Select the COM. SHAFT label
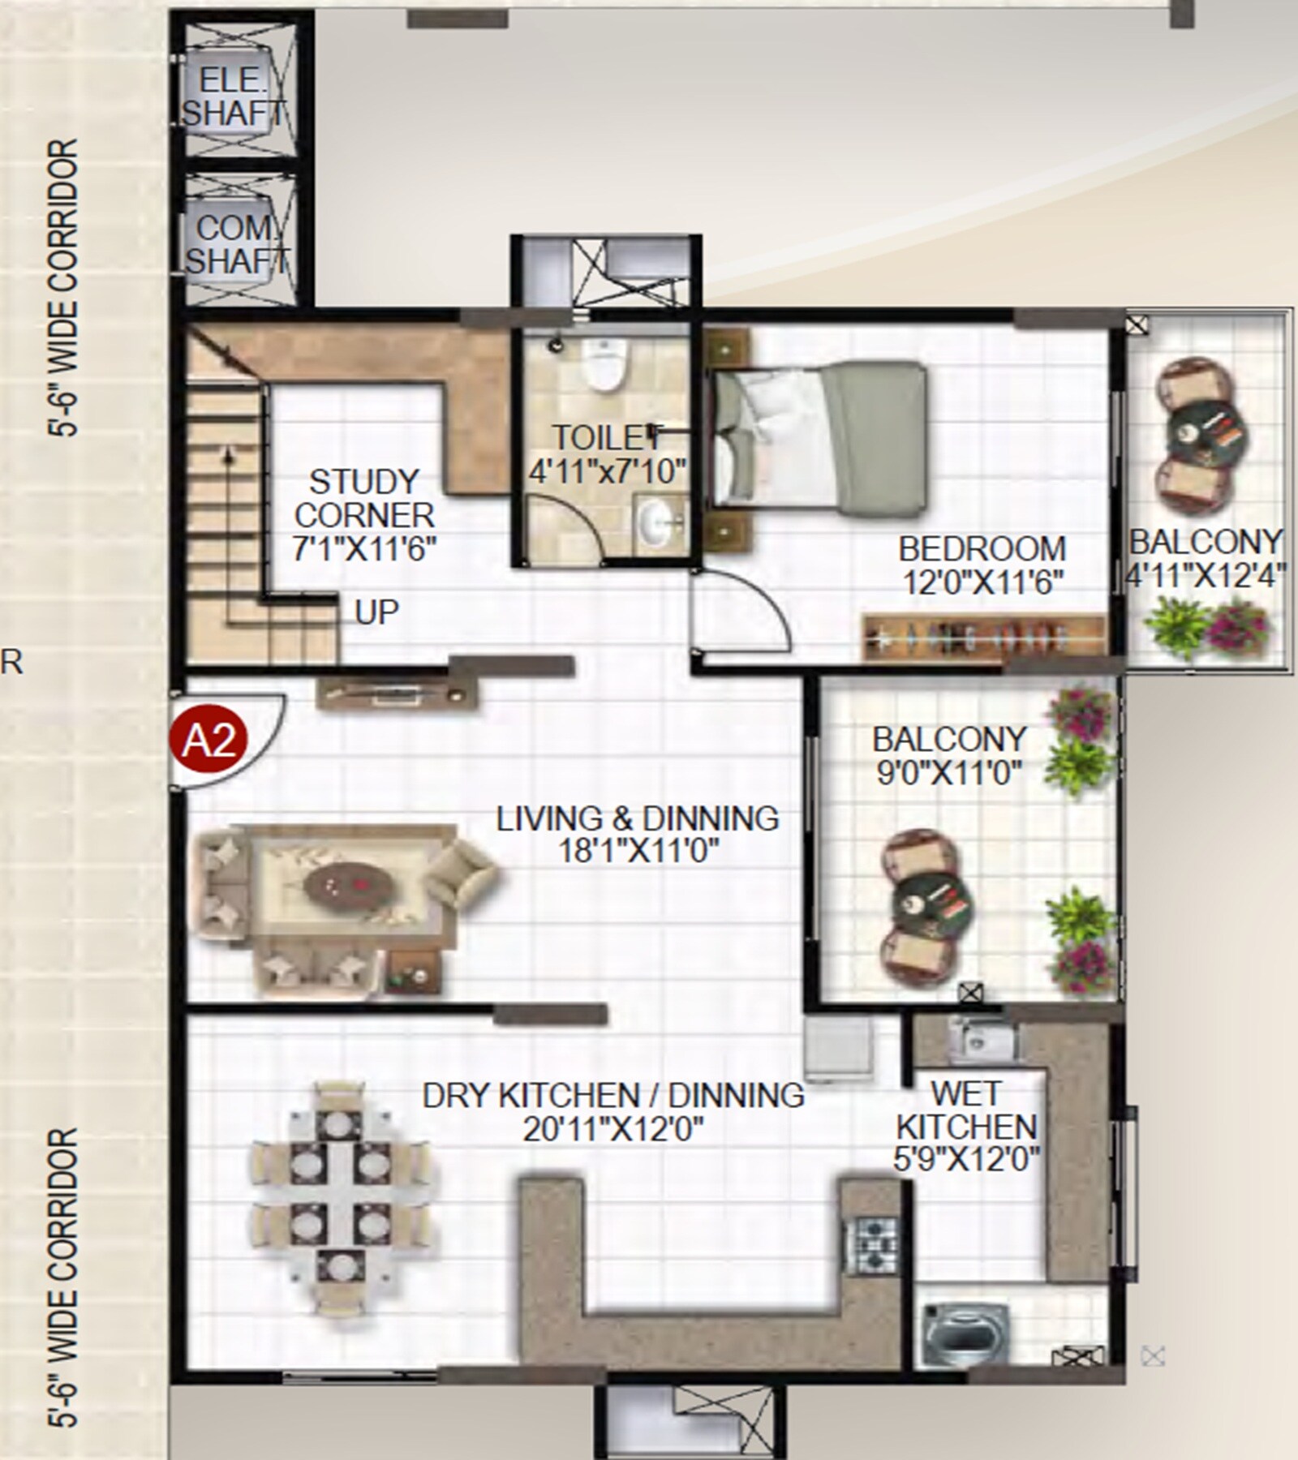point(235,244)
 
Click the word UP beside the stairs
point(376,613)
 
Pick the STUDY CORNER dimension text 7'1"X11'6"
point(364,549)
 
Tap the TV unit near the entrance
point(397,693)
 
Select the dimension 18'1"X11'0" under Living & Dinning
point(638,852)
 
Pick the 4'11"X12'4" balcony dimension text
point(1206,575)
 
